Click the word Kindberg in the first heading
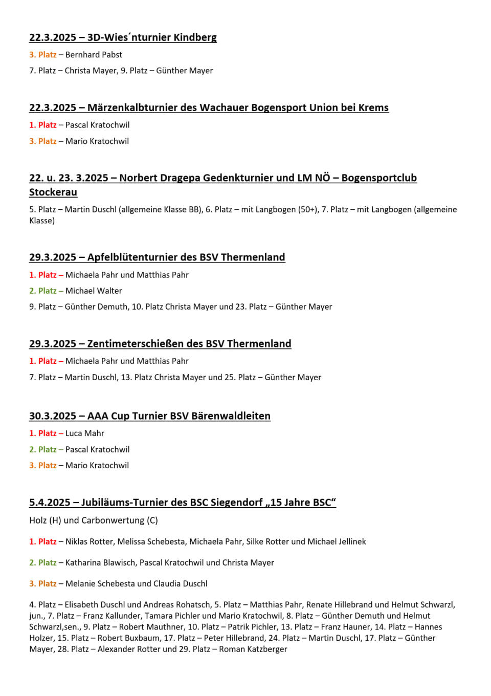(195, 37)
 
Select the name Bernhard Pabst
(94, 55)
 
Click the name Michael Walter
(94, 291)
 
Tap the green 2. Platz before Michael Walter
(43, 291)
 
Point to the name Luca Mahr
(85, 433)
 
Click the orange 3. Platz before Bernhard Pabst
(43, 55)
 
